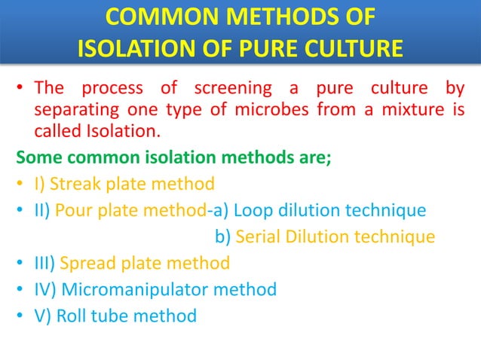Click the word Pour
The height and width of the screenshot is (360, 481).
pos(77,209)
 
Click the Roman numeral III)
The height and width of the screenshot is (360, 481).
pos(44,263)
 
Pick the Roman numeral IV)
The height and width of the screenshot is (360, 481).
pos(45,288)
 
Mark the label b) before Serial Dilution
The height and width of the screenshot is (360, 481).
pos(224,236)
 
